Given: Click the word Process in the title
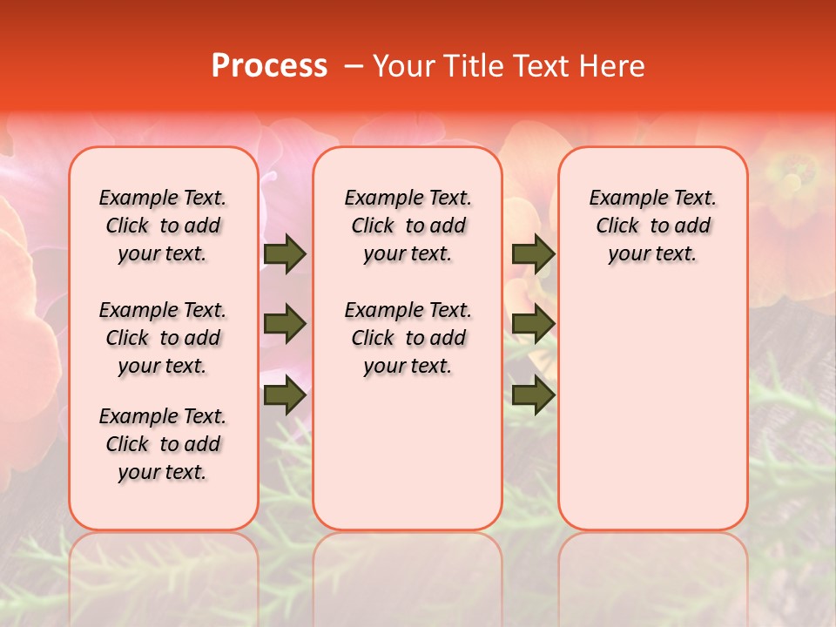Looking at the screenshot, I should [269, 66].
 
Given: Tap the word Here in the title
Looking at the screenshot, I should [613, 66].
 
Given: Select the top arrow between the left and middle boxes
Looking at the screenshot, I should [285, 254].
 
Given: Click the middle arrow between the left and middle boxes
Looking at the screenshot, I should [285, 325].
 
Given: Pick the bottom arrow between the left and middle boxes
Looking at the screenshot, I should [285, 395].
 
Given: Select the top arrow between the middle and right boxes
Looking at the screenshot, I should [533, 254].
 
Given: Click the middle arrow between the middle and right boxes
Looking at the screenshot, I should [533, 325].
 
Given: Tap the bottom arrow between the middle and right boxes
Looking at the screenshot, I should [533, 395].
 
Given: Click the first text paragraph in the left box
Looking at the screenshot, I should [163, 226].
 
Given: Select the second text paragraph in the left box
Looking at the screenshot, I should [163, 338].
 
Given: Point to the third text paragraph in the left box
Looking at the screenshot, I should [163, 444].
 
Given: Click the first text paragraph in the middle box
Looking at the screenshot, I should [408, 226].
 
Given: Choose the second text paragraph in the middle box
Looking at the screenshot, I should [408, 338].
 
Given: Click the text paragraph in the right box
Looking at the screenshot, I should [652, 226].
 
